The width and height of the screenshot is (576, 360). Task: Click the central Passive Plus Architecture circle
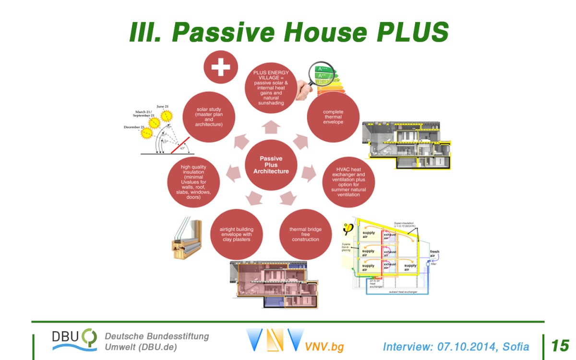click(271, 166)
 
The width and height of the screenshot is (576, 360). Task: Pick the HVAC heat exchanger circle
click(348, 181)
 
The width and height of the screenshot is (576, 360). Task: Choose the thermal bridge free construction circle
click(305, 234)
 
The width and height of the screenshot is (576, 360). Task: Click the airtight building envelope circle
click(236, 234)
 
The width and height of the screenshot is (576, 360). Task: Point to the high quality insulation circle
click(193, 181)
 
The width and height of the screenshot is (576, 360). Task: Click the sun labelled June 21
click(167, 116)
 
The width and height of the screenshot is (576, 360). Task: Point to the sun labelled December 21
click(145, 132)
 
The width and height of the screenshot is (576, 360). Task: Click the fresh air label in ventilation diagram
click(434, 253)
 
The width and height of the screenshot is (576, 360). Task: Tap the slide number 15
click(560, 346)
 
